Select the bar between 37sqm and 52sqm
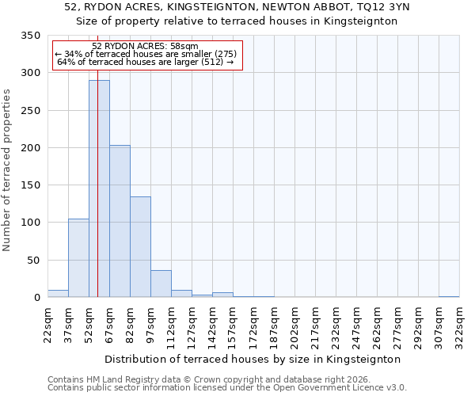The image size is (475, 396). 78,257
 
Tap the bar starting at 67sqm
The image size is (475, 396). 120,221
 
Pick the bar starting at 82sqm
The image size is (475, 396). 140,246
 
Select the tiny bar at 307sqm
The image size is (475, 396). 449,296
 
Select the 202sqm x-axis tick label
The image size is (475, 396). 294,323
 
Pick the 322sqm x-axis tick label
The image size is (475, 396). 459,323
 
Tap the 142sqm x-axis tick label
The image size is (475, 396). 212,323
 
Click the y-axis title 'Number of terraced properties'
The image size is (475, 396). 7,169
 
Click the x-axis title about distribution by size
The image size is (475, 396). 253,359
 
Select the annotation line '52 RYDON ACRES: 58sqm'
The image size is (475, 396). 145,46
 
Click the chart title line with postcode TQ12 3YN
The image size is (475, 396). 237,7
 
